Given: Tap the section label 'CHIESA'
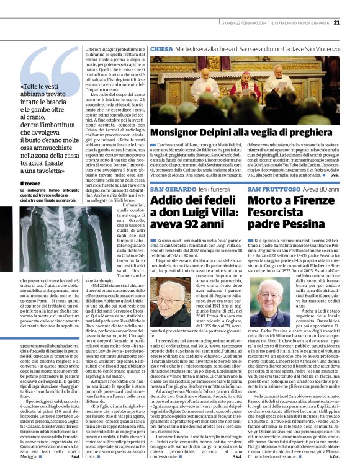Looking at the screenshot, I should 161,48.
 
